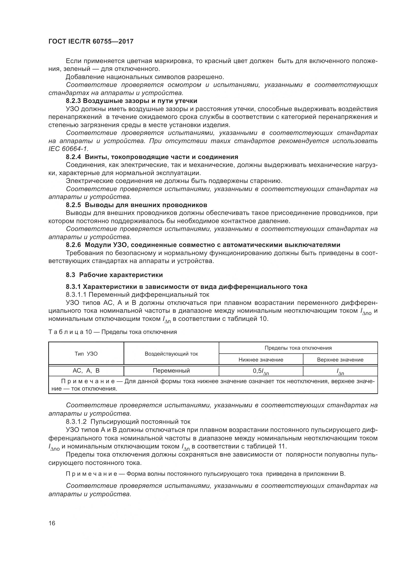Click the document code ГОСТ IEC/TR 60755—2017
(91, 41)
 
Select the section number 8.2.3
(73, 101)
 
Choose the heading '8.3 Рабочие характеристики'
(114, 275)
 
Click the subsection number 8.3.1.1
(77, 295)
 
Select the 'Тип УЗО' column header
(86, 354)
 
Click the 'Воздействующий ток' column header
(171, 354)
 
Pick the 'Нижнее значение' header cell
(261, 360)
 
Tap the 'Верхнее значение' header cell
(340, 360)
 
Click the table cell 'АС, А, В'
(86, 371)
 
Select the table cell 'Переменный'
(171, 371)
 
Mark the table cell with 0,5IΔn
(261, 371)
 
